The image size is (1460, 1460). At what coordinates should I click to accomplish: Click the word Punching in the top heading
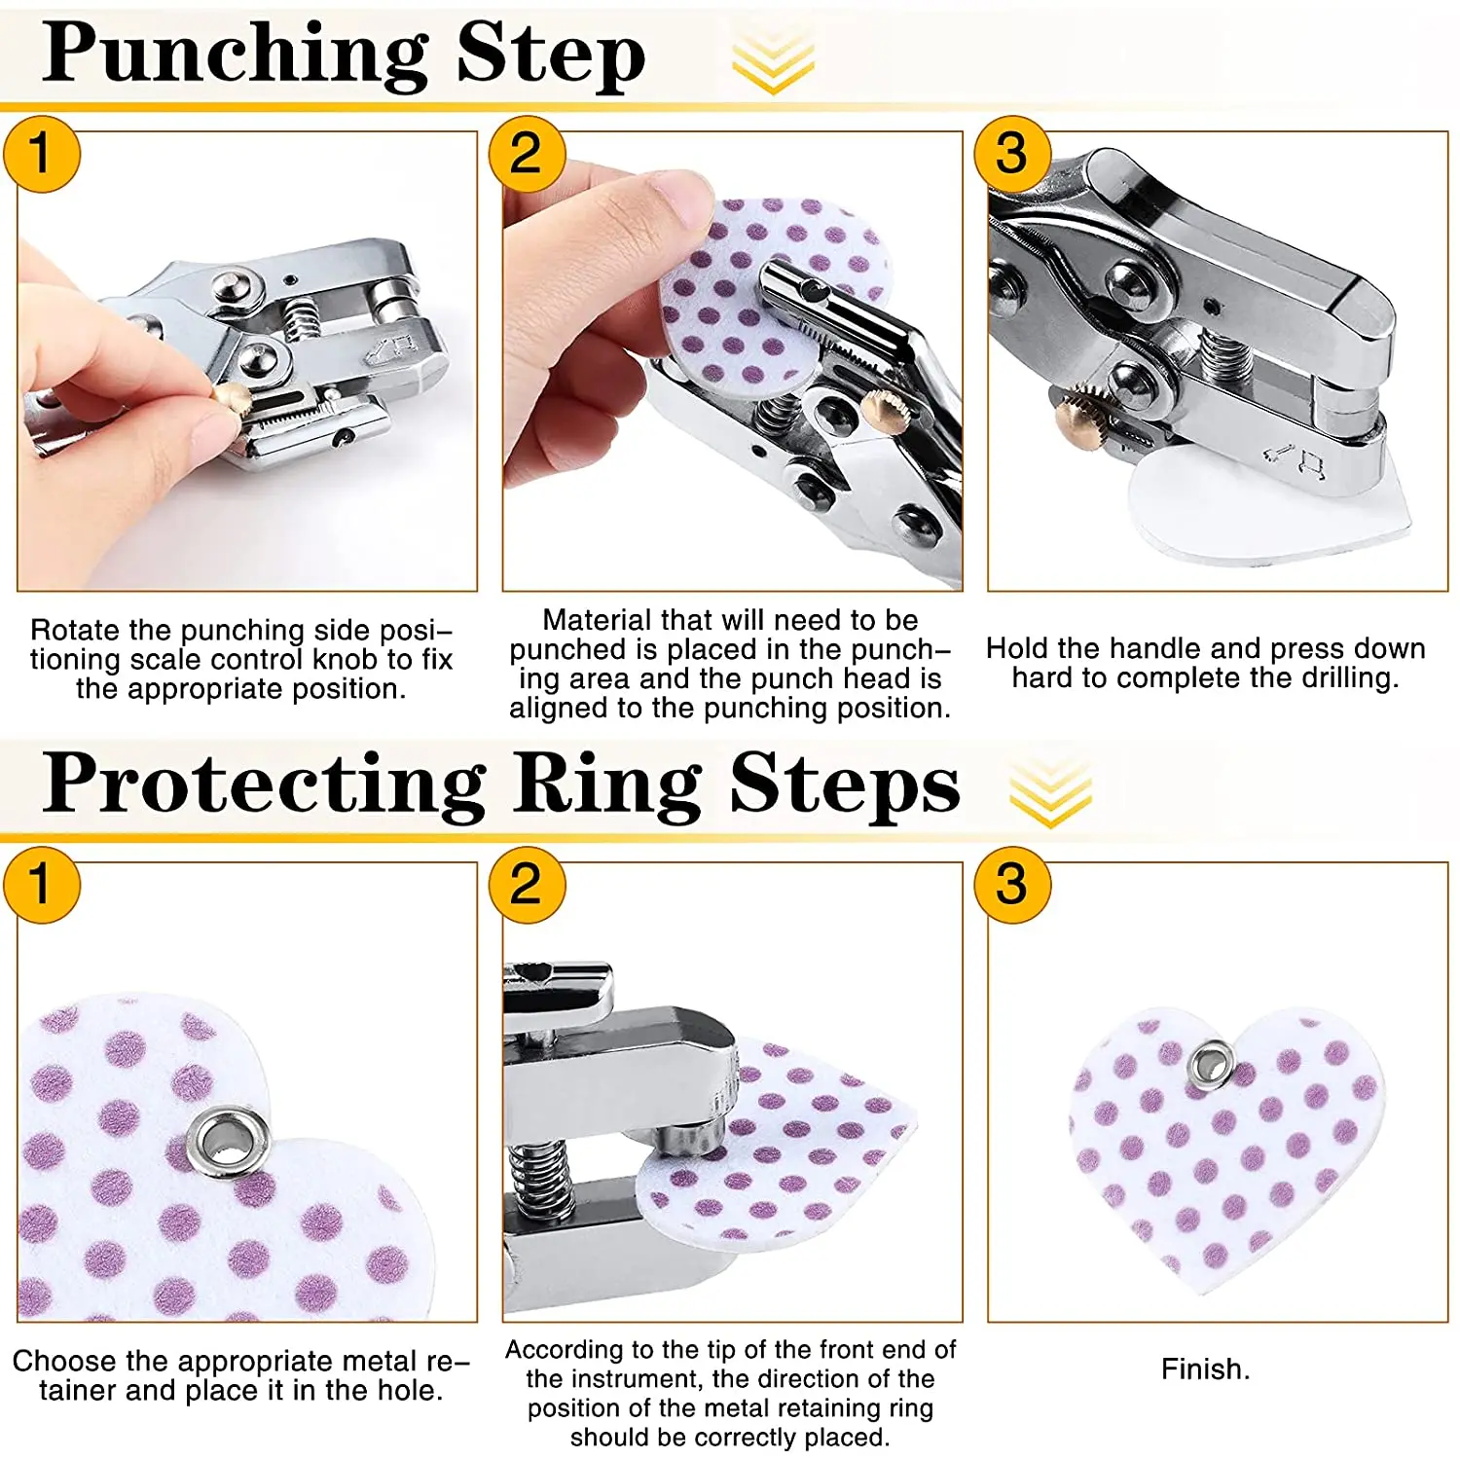(x=236, y=56)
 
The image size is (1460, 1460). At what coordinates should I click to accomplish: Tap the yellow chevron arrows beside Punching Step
(x=773, y=60)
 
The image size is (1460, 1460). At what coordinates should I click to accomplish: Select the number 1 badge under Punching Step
(x=41, y=154)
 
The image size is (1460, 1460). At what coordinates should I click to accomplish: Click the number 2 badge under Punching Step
(x=527, y=154)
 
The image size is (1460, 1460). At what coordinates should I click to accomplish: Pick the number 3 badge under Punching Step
(x=1012, y=154)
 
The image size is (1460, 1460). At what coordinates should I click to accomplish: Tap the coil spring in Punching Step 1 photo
(x=303, y=317)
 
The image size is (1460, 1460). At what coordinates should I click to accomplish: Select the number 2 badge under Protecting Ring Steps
(x=527, y=885)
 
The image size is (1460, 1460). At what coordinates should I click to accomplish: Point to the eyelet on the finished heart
(x=1212, y=1063)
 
